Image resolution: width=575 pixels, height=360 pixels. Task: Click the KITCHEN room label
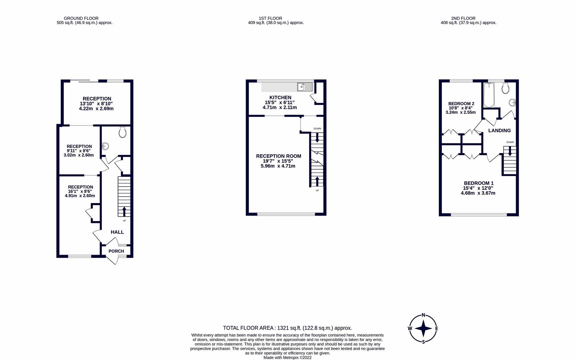[280, 97]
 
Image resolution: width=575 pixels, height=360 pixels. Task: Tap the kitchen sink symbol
[304, 87]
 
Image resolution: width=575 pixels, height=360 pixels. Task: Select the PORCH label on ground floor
[116, 251]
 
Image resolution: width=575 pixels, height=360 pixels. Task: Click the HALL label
[117, 232]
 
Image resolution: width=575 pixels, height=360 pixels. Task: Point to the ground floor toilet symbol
[122, 132]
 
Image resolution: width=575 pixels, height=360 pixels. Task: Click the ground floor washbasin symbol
[105, 146]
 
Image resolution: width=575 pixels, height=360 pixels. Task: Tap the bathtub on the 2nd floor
[489, 95]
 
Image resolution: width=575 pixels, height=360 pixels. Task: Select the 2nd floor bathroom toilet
[505, 88]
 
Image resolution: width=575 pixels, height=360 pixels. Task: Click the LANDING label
[499, 130]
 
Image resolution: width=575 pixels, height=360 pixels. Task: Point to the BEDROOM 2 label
[461, 104]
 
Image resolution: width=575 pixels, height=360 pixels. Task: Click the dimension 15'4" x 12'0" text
[478, 188]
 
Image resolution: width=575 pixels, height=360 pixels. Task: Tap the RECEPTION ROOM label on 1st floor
[279, 156]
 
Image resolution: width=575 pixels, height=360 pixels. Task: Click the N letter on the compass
[423, 315]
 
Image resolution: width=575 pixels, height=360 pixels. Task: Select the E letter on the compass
[436, 329]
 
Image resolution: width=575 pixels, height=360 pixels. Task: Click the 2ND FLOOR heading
[463, 18]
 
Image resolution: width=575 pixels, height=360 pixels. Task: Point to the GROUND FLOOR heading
[81, 18]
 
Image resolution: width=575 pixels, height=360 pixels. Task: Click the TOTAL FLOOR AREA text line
[287, 328]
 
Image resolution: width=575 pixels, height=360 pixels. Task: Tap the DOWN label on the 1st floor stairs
[317, 129]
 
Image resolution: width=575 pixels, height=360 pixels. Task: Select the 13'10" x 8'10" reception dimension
[97, 104]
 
